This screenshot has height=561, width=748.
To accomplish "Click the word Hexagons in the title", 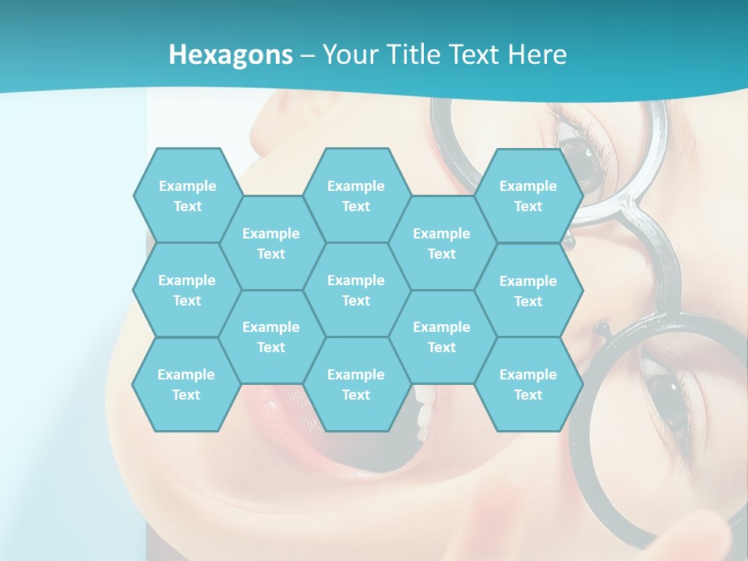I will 231,55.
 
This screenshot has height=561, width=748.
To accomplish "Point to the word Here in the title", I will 537,55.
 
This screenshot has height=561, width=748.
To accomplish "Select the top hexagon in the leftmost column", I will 187,196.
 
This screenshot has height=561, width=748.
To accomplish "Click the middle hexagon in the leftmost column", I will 187,290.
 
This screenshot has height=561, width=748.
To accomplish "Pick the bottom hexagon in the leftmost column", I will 186,384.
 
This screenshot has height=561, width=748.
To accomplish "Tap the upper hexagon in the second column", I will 271,243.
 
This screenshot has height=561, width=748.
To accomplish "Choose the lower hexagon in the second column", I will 271,337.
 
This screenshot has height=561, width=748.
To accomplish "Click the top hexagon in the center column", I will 356,196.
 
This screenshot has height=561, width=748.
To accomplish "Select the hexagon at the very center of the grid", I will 356,290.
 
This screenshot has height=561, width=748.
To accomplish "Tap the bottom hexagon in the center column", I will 356,384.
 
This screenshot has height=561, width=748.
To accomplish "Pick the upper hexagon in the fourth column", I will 442,243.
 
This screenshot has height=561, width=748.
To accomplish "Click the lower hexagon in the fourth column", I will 442,337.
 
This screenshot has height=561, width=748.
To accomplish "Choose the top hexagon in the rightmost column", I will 528,196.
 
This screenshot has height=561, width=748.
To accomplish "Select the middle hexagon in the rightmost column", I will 528,291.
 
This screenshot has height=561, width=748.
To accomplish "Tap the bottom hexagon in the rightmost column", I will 528,384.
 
